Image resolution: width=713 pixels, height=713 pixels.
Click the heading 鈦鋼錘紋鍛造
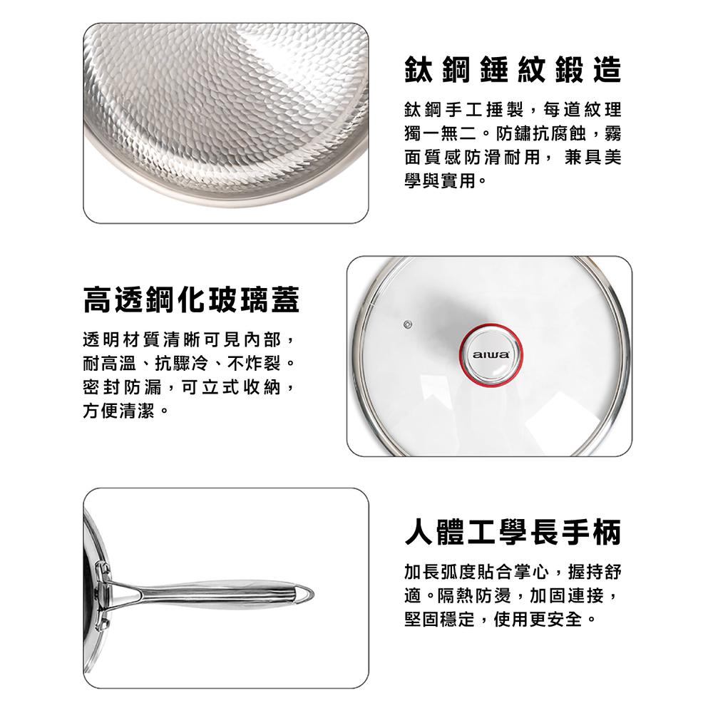[513, 70]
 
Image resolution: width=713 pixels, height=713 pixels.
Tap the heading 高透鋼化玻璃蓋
[191, 300]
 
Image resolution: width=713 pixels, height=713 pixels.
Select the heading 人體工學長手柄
[513, 532]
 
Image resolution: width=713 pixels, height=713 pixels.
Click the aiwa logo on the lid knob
[491, 354]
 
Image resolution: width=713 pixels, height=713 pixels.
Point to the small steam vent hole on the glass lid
[407, 324]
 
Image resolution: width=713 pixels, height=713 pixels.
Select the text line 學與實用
[441, 181]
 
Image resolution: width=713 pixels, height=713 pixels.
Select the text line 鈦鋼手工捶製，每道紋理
[513, 110]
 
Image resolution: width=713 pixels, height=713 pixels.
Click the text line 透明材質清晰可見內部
[183, 339]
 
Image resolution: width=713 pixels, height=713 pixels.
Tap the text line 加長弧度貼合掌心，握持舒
[513, 572]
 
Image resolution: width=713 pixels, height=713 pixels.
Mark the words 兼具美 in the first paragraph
[593, 158]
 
